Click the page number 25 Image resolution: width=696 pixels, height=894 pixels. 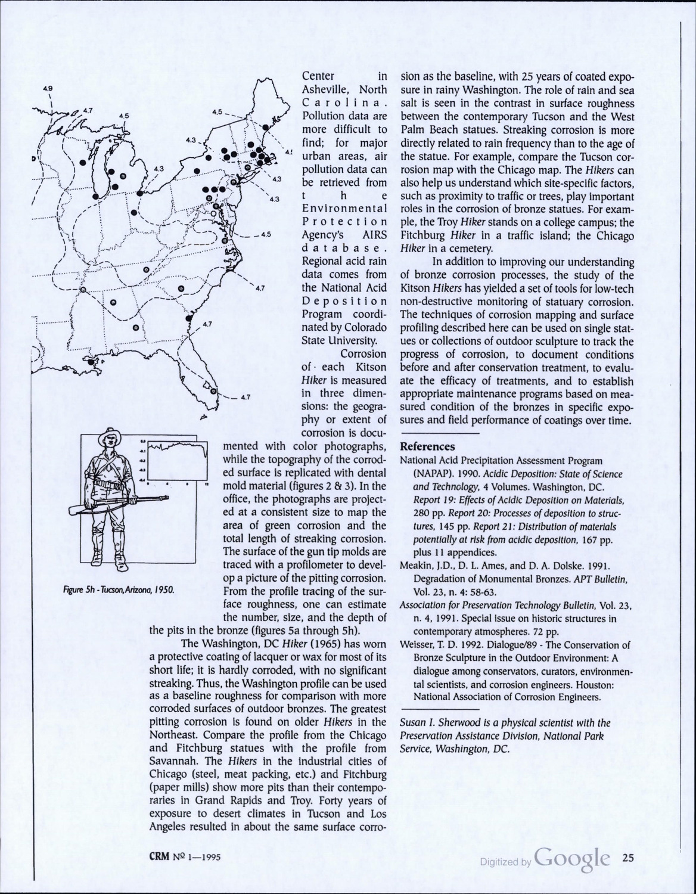point(628,858)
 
